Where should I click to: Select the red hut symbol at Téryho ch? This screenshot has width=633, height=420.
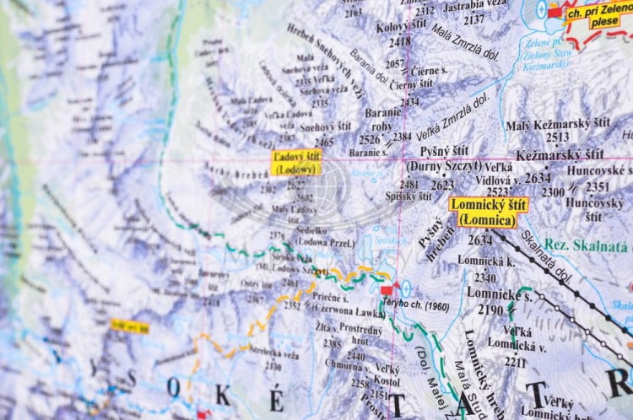click(387, 290)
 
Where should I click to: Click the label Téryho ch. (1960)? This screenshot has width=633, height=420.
click(425, 306)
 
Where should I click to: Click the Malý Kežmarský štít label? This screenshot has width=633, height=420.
click(558, 125)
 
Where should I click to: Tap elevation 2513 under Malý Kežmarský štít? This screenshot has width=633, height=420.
click(557, 137)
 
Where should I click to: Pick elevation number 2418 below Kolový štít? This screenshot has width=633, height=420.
click(400, 41)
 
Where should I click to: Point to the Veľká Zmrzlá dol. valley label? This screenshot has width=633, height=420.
click(452, 118)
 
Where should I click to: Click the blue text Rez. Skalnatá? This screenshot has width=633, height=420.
click(587, 245)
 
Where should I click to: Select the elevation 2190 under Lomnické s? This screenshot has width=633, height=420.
click(490, 310)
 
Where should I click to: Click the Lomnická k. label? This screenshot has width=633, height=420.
click(486, 262)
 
